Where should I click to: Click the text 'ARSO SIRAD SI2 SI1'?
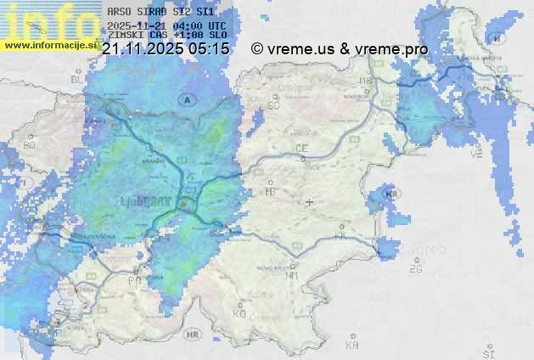[x=160, y=12]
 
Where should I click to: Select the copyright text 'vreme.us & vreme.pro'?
[x=347, y=49]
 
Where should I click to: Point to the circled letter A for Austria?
[x=186, y=99]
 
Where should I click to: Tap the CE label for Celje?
[x=301, y=149]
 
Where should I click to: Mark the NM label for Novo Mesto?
[x=293, y=274]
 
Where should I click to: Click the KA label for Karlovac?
[x=352, y=346]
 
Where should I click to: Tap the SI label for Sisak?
[x=487, y=352]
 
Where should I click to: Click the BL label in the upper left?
[x=76, y=79]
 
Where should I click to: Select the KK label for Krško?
[x=340, y=236]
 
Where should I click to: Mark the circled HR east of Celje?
[x=391, y=194]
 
